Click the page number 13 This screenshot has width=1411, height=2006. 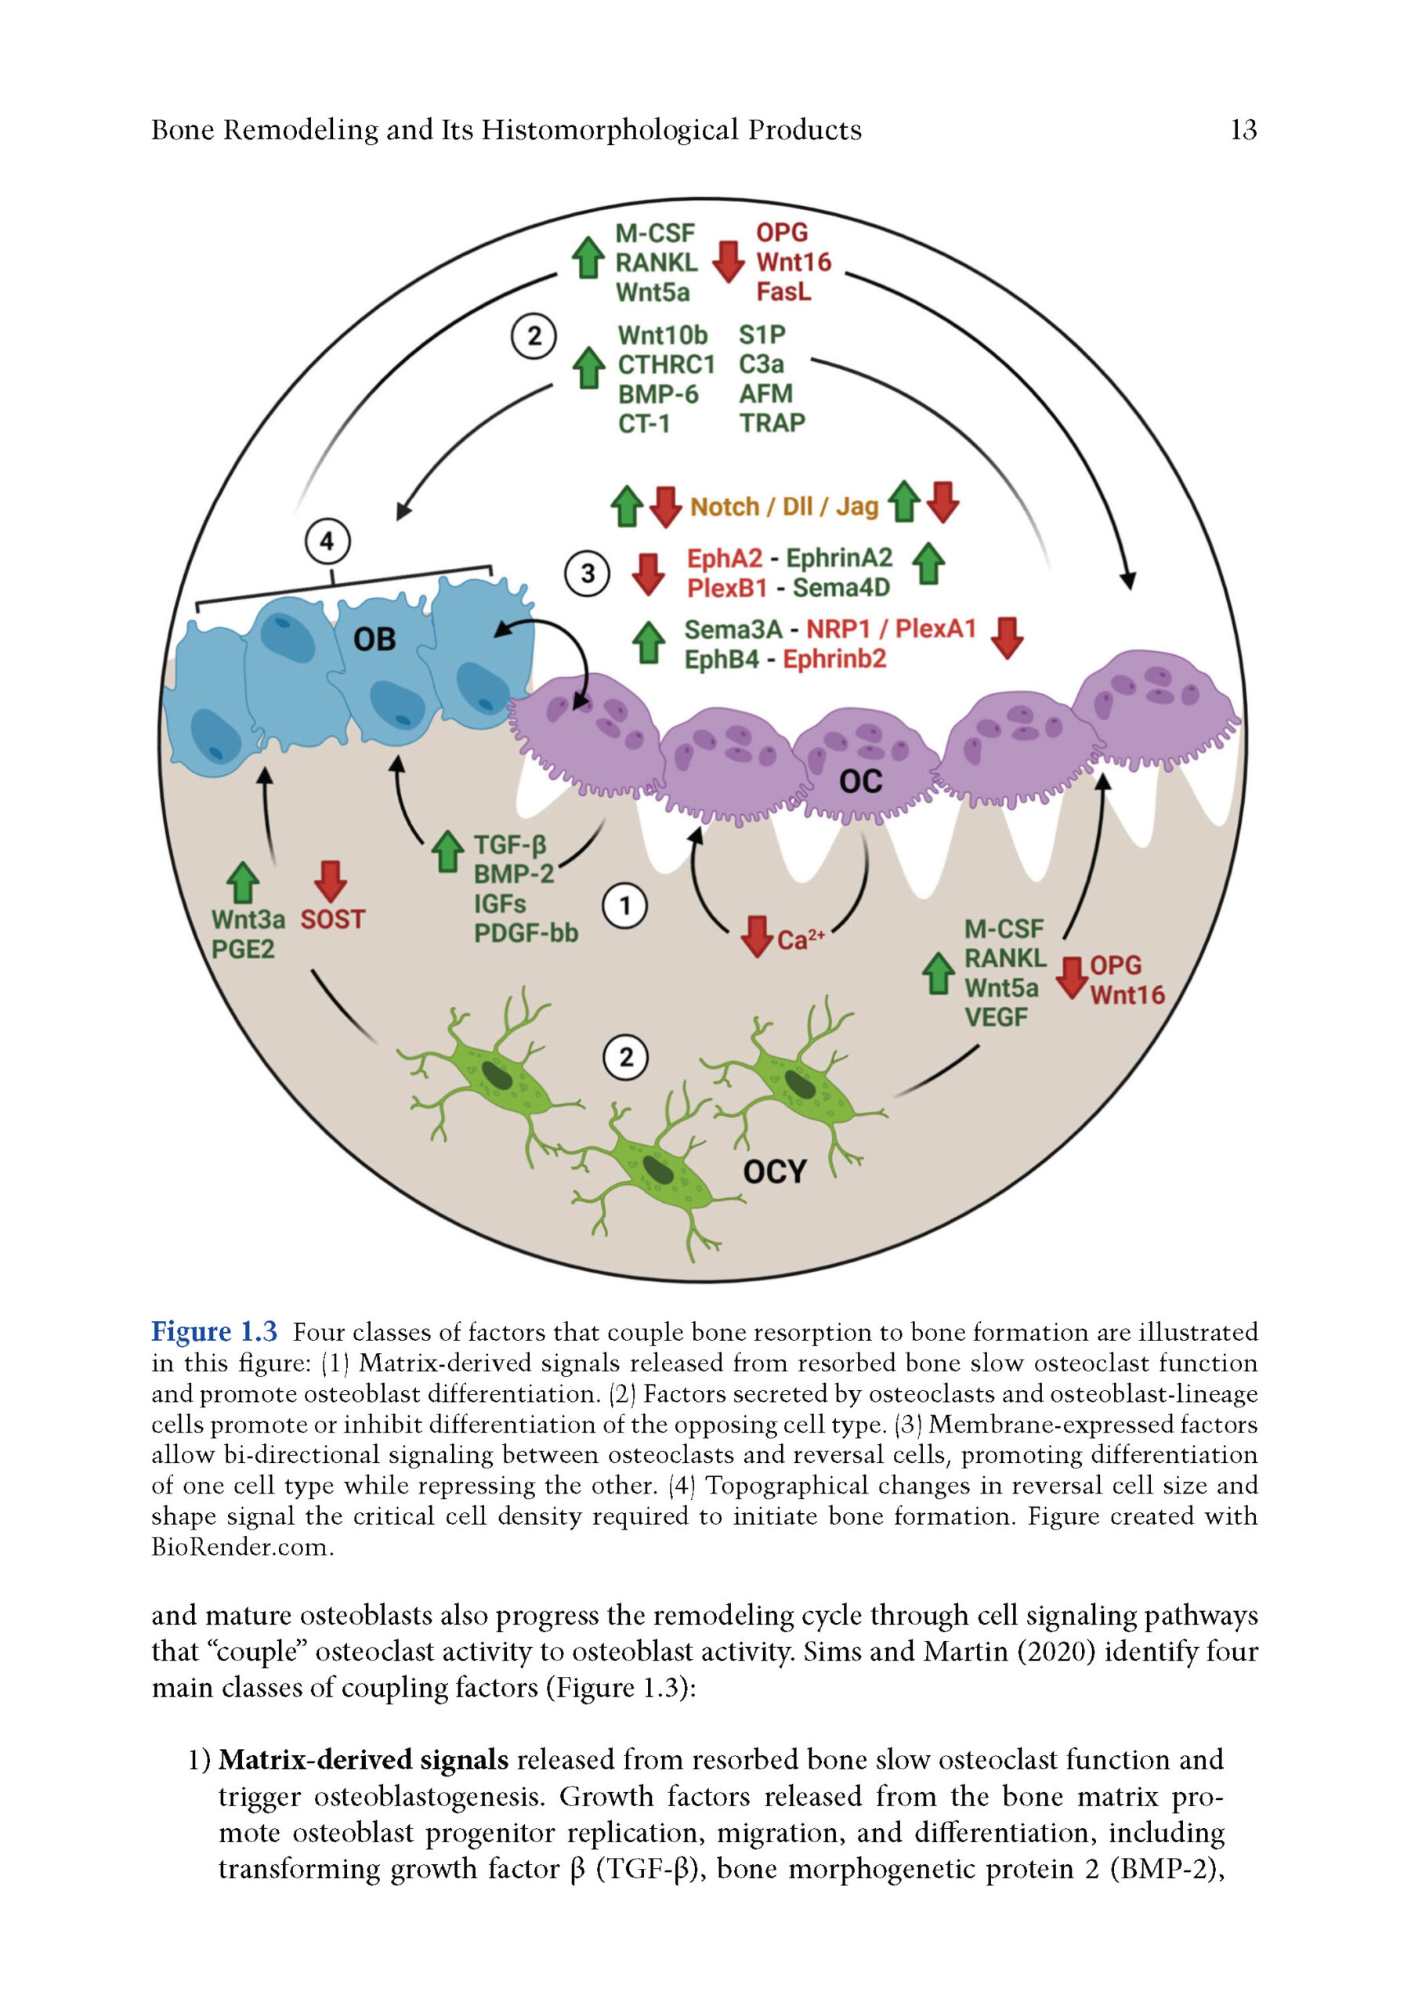pos(1243,130)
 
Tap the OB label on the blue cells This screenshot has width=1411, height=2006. pos(374,640)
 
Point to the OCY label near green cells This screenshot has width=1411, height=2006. pos(774,1171)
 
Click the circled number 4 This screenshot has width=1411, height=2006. pos(327,541)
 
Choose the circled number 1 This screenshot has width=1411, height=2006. pos(624,907)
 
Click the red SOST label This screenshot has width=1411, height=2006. pos(332,920)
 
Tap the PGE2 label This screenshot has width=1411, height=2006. pos(242,950)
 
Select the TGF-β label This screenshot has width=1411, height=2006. pos(509,845)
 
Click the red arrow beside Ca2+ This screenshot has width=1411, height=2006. pos(756,936)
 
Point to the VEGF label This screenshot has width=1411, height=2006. pos(995,1018)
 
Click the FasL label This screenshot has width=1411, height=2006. pos(783,291)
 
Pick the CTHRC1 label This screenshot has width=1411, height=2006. pos(666,364)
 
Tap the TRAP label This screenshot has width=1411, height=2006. pos(772,423)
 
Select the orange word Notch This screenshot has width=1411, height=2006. pos(724,507)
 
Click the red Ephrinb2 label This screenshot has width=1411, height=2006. pos(834,660)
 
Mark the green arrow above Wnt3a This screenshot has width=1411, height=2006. pos(243,882)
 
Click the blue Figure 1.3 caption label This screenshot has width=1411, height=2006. pos(214,1331)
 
